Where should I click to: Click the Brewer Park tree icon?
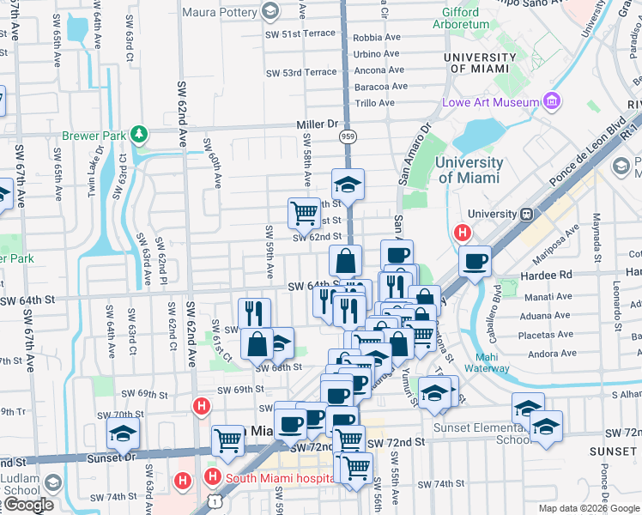[138, 135]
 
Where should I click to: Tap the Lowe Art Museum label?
[489, 103]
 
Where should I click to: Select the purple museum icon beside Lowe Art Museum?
[550, 103]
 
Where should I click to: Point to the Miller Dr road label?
[318, 124]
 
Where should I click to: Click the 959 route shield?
[347, 136]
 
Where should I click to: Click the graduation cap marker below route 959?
[348, 184]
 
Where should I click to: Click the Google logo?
[27, 505]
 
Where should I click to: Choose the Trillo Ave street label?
[375, 103]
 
